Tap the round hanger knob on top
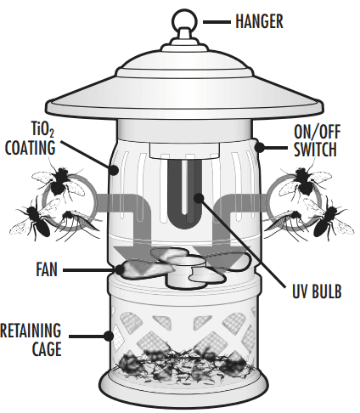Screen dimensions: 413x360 click(x=181, y=18)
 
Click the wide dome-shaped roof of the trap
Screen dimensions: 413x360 click(x=181, y=85)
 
